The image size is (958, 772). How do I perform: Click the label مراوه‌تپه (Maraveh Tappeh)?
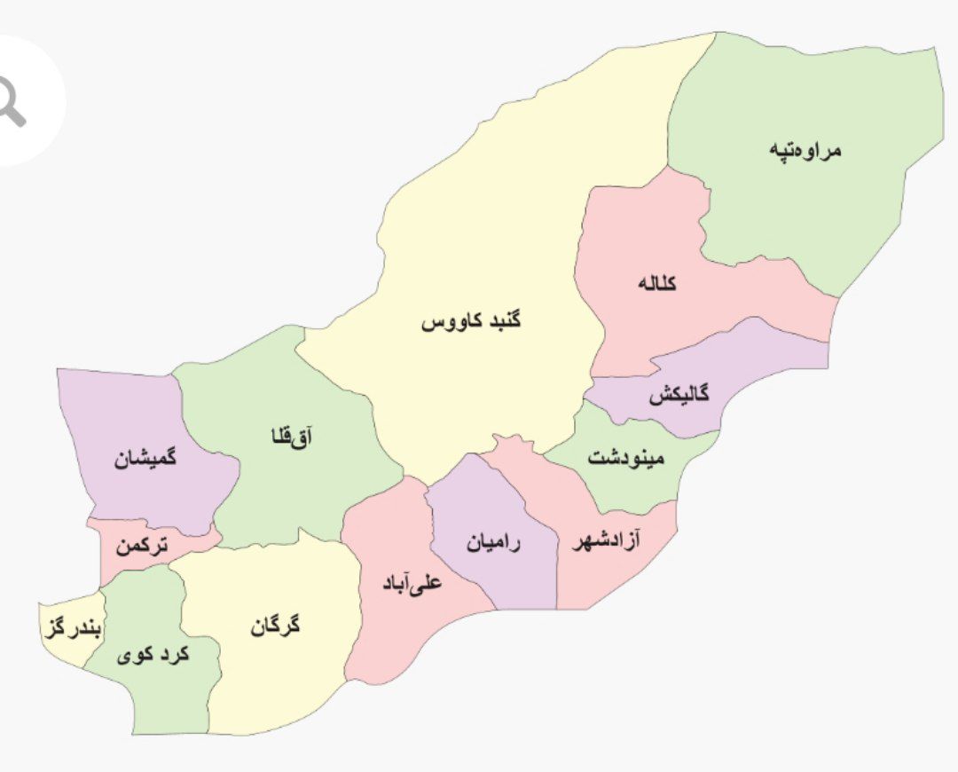pos(805,149)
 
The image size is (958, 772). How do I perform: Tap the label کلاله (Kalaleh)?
pos(657,284)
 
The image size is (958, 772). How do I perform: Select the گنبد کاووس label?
pos(471,320)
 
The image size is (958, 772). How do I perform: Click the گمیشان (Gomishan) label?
pos(145,459)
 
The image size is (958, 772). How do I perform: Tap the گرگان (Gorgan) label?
pos(276,626)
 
